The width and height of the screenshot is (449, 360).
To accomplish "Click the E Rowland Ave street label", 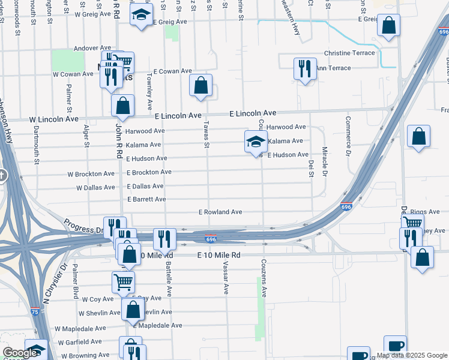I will (220, 212).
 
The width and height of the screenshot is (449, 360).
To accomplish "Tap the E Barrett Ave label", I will (146, 199).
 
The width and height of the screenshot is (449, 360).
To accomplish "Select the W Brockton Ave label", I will (91, 174).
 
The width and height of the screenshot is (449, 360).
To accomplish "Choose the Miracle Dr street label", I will (324, 161).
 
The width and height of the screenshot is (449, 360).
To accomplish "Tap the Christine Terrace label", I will (349, 53).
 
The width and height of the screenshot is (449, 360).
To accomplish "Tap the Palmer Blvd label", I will (76, 281).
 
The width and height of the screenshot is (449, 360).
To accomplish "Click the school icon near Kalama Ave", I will (256, 142).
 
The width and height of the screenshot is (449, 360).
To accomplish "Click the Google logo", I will (19, 353).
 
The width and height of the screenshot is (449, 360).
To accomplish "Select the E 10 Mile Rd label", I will (219, 255).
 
